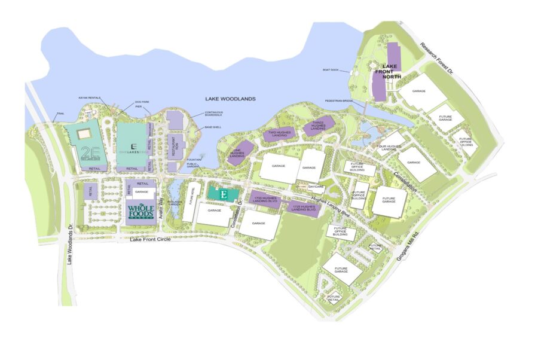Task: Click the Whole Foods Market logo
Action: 141,213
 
